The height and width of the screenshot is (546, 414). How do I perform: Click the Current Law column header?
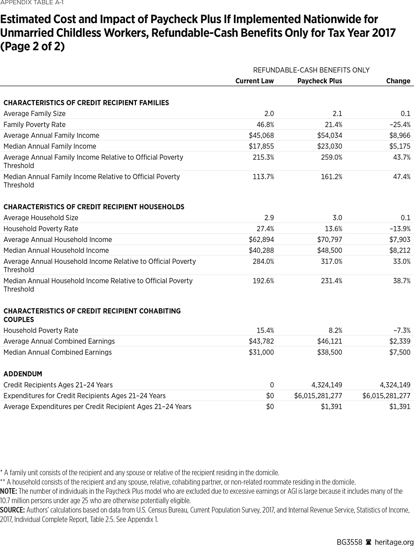pyautogui.click(x=254, y=81)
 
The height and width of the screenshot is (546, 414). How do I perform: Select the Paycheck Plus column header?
pyautogui.click(x=319, y=81)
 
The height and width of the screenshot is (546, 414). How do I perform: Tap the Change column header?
pyautogui.click(x=398, y=81)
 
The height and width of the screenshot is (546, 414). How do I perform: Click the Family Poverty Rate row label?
pyautogui.click(x=35, y=124)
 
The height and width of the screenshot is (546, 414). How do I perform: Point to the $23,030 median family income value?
pyautogui.click(x=330, y=146)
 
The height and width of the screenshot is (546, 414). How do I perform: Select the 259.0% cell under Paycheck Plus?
pyautogui.click(x=332, y=157)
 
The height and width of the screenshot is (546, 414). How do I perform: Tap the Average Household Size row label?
pyautogui.click(x=41, y=218)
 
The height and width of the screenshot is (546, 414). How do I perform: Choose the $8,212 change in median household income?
pyautogui.click(x=400, y=250)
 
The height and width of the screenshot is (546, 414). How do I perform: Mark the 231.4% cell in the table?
pyautogui.click(x=332, y=281)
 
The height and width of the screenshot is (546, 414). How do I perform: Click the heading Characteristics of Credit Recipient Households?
pyautogui.click(x=94, y=207)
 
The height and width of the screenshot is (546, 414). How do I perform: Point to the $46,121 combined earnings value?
pyautogui.click(x=330, y=341)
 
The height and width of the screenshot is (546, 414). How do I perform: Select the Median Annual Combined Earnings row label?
pyautogui.click(x=58, y=352)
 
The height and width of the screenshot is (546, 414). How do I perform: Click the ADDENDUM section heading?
pyautogui.click(x=22, y=374)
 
